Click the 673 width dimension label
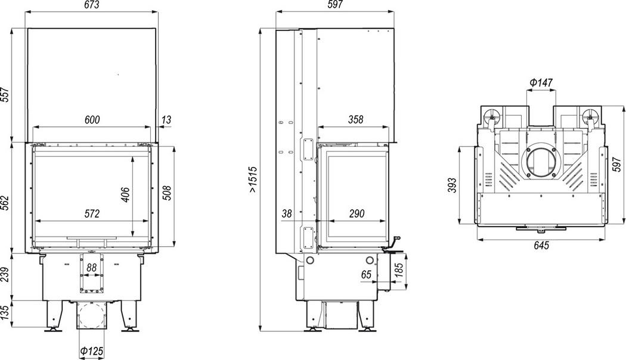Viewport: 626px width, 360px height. (92, 5)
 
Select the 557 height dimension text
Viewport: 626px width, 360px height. (5, 95)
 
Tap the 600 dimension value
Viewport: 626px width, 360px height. (92, 119)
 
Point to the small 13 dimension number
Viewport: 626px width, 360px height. (166, 119)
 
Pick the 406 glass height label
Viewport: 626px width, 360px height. (125, 194)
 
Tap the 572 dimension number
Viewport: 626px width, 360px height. (92, 214)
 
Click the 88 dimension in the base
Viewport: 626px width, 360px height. (92, 268)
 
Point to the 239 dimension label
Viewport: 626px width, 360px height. (5, 275)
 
